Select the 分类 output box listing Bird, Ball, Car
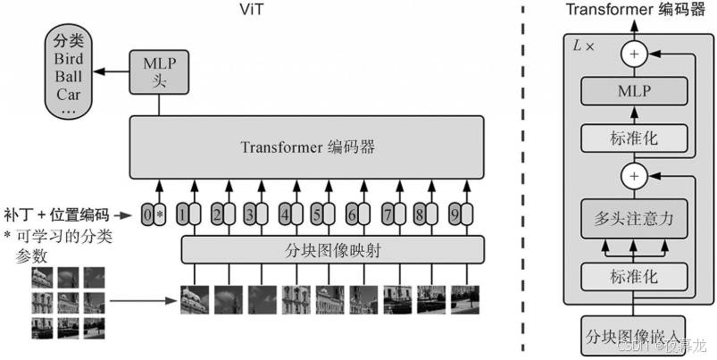tap(69, 76)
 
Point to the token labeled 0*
tap(154, 214)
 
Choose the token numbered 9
tap(460, 214)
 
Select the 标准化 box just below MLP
tap(634, 138)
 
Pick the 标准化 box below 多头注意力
tap(634, 279)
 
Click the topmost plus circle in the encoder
tap(634, 54)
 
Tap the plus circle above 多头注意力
tap(634, 175)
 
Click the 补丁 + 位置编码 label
tap(55, 214)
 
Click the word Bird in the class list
tap(69, 59)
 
